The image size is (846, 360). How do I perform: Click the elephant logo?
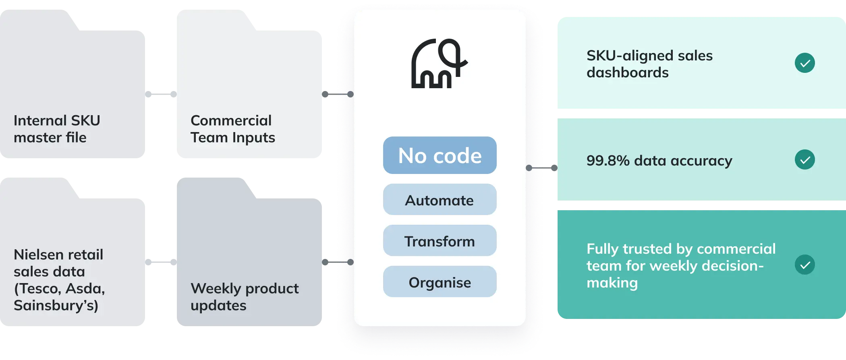[439, 64]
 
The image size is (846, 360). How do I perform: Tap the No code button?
[440, 155]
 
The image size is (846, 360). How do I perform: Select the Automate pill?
[440, 200]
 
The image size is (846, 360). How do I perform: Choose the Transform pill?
[440, 241]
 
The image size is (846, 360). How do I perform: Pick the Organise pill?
[440, 282]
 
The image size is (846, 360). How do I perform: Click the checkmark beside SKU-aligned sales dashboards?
[805, 63]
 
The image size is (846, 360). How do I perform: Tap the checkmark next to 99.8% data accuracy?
[805, 160]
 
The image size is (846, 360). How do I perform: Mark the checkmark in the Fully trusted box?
[805, 265]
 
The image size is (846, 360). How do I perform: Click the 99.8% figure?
[608, 161]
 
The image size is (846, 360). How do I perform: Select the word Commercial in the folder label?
[231, 120]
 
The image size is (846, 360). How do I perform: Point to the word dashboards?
[627, 72]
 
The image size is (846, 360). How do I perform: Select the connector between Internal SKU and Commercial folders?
[160, 95]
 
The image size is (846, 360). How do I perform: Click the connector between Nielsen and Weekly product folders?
[160, 263]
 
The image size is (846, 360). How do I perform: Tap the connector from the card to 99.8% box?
[542, 168]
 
